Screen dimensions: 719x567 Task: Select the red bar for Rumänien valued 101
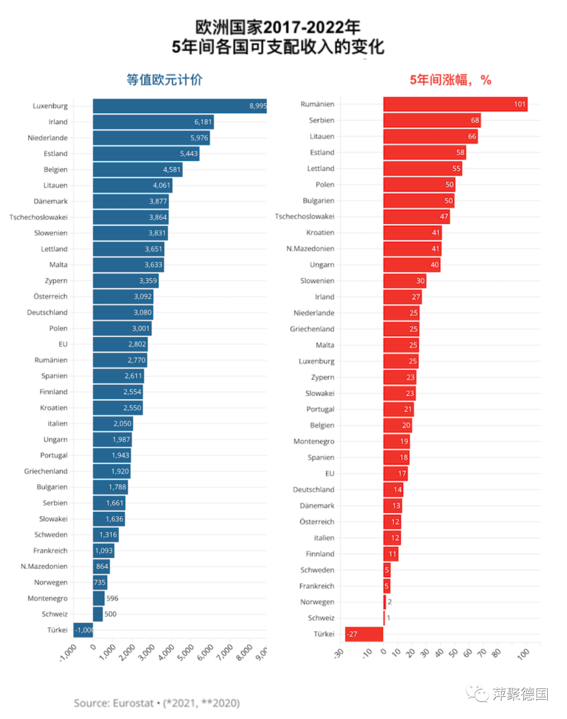455,104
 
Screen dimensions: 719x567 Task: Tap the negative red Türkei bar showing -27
364,634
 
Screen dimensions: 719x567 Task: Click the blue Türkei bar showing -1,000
83,630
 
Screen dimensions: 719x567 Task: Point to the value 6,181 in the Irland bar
203,122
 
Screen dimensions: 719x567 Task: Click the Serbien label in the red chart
321,120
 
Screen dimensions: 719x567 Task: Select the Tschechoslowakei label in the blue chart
38,217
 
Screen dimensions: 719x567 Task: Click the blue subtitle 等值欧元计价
164,80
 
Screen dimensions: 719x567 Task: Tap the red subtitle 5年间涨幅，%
450,80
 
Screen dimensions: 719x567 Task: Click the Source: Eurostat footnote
156,703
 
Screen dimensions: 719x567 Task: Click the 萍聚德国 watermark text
520,694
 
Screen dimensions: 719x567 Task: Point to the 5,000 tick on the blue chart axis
185,653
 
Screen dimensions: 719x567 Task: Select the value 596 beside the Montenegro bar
112,598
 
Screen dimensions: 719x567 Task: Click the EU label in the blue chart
63,344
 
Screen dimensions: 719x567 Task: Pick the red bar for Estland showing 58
424,152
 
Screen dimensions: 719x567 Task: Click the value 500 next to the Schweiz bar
110,614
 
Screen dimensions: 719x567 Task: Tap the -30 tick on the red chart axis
339,653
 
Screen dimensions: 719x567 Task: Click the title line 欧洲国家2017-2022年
278,27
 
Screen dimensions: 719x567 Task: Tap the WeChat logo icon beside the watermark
477,694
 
